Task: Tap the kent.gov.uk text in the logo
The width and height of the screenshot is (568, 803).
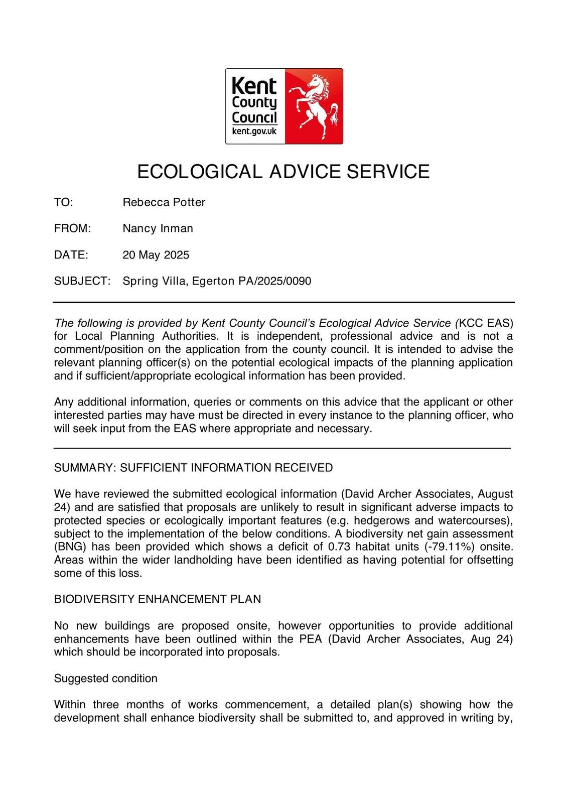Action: pyautogui.click(x=254, y=131)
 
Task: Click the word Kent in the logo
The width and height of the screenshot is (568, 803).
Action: pyautogui.click(x=254, y=86)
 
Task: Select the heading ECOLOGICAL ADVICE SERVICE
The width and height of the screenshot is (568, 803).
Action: pyautogui.click(x=283, y=172)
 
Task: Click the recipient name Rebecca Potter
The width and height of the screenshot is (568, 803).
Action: pyautogui.click(x=164, y=202)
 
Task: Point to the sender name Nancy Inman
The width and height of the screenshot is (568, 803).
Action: pyautogui.click(x=158, y=228)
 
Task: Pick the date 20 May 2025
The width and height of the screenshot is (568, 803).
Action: pyautogui.click(x=156, y=254)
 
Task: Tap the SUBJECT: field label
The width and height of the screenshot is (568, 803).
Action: pyautogui.click(x=82, y=281)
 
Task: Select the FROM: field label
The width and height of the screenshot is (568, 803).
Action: pyautogui.click(x=72, y=228)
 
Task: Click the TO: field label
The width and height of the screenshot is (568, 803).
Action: pyautogui.click(x=64, y=202)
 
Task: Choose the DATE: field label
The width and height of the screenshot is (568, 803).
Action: pyautogui.click(x=71, y=254)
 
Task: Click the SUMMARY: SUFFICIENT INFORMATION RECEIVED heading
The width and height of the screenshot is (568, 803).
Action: pyautogui.click(x=193, y=468)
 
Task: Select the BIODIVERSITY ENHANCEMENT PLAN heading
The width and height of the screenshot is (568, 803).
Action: pyautogui.click(x=158, y=599)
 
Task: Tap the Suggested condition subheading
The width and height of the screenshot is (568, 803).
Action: pyautogui.click(x=106, y=678)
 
